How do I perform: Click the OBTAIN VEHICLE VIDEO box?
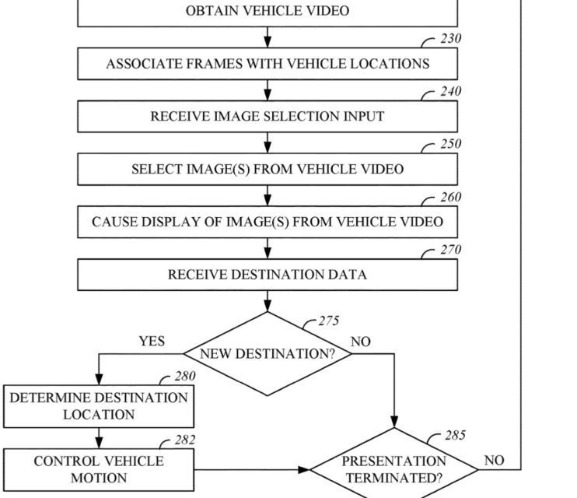click(268, 12)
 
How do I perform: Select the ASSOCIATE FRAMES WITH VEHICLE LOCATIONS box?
click(268, 64)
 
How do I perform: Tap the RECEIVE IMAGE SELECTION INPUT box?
click(268, 117)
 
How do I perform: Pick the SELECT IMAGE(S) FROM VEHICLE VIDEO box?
click(268, 169)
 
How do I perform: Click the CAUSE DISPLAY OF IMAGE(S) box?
click(268, 222)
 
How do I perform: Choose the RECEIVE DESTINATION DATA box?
click(268, 275)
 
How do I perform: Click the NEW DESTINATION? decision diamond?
click(268, 354)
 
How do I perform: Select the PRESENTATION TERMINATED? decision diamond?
click(394, 469)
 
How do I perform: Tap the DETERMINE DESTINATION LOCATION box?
click(98, 406)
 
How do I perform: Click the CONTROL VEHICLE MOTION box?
click(98, 469)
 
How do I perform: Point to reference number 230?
click(450, 39)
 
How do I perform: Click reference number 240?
click(450, 92)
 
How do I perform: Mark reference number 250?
click(450, 144)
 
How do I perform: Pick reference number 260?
click(450, 197)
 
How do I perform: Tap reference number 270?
click(450, 250)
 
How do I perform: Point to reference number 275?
click(329, 321)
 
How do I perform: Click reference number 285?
click(456, 436)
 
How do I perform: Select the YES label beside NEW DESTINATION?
click(152, 342)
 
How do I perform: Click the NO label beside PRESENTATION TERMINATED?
click(494, 461)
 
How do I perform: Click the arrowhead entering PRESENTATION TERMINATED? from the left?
click(304, 469)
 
